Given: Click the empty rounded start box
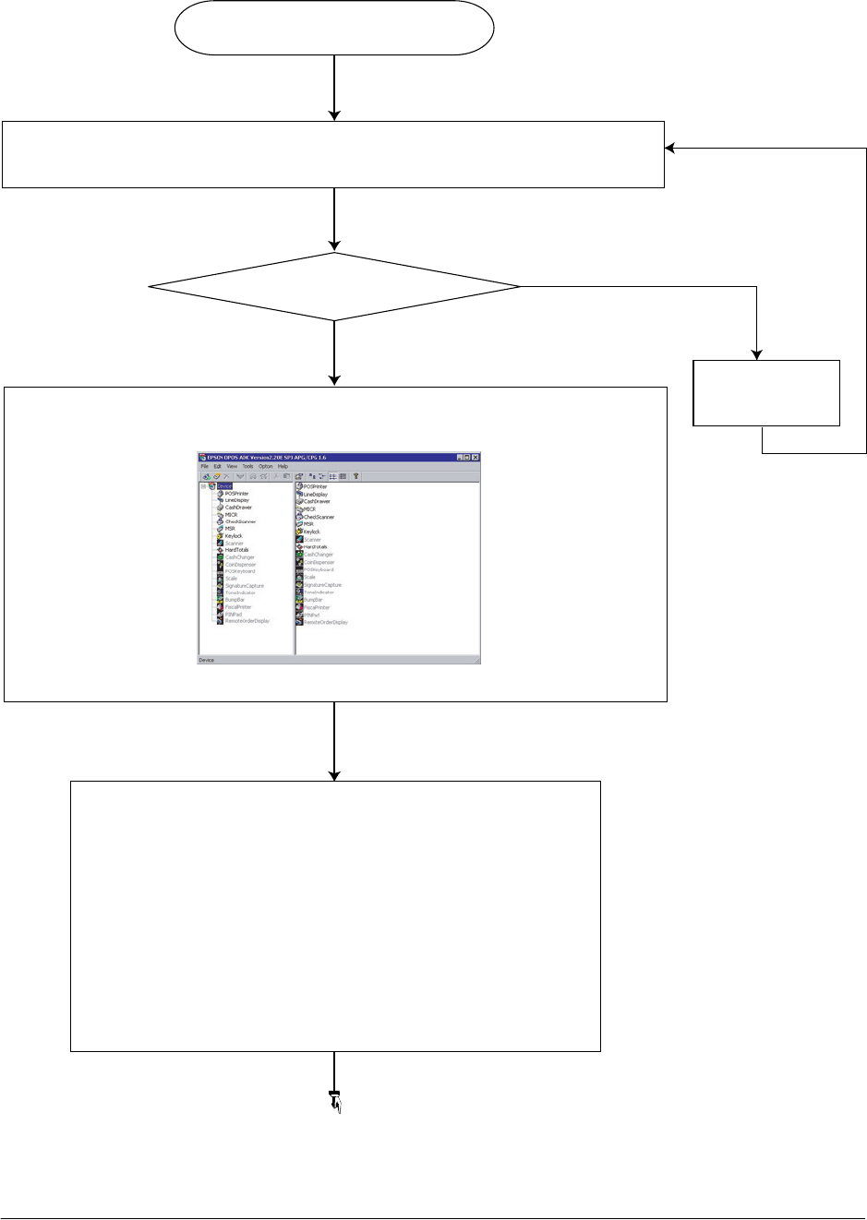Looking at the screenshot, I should pyautogui.click(x=334, y=29).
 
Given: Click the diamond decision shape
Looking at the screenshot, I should pyautogui.click(x=334, y=287).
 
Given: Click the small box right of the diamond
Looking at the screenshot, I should pyautogui.click(x=766, y=392).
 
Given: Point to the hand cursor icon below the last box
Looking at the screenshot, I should pyautogui.click(x=336, y=1103).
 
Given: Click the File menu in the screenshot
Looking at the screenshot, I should pyautogui.click(x=205, y=467).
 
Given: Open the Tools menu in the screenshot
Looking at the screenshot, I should pyautogui.click(x=247, y=467).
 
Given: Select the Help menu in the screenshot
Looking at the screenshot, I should pyautogui.click(x=283, y=467).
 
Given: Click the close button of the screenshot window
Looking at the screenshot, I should pyautogui.click(x=476, y=457).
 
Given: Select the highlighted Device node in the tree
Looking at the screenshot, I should pyautogui.click(x=224, y=486).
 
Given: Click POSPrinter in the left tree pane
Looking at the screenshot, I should pyautogui.click(x=236, y=494).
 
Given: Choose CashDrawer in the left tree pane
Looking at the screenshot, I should pyautogui.click(x=238, y=508).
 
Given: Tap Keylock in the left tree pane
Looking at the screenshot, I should pyautogui.click(x=234, y=536).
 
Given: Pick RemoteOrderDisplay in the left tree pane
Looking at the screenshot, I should pyautogui.click(x=247, y=621).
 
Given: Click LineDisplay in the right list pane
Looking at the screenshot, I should pyautogui.click(x=315, y=495).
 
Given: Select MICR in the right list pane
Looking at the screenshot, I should pyautogui.click(x=309, y=509).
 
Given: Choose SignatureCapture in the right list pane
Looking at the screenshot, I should pyautogui.click(x=322, y=585).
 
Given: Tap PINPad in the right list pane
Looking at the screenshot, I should pyautogui.click(x=312, y=615).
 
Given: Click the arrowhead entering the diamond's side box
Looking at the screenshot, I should pyautogui.click(x=757, y=354).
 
